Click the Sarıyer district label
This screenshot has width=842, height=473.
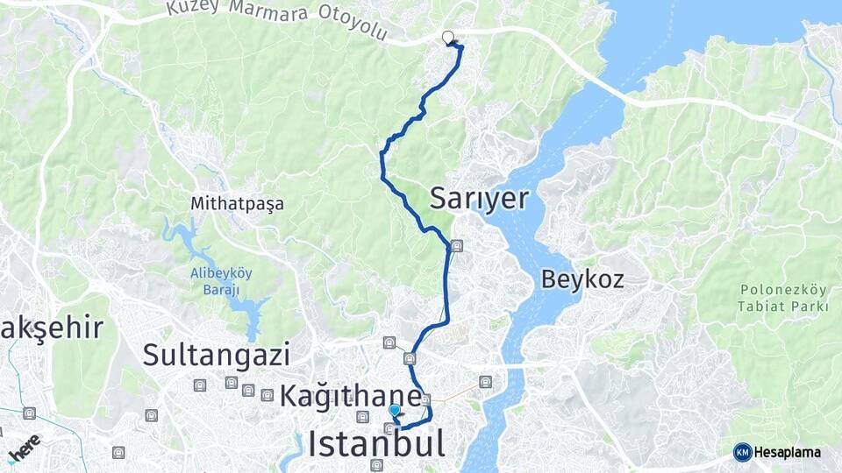479,200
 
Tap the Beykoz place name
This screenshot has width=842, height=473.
582,280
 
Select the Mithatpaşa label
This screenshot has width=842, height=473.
238,204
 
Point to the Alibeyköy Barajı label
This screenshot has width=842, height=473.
221,280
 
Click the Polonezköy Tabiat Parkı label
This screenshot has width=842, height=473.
784,298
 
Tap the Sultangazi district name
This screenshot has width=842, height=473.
216,355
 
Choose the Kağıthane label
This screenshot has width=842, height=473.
350,395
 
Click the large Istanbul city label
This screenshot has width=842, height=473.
375,443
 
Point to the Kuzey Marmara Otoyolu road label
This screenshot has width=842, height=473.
276,20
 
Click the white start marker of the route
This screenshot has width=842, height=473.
448,38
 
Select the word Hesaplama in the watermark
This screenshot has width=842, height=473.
788,452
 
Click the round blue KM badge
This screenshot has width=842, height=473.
742,452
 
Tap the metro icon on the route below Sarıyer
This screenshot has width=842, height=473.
456,246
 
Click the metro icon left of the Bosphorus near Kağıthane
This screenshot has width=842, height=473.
485,382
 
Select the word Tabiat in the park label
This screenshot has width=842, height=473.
760,306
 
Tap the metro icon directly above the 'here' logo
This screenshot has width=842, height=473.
30,413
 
